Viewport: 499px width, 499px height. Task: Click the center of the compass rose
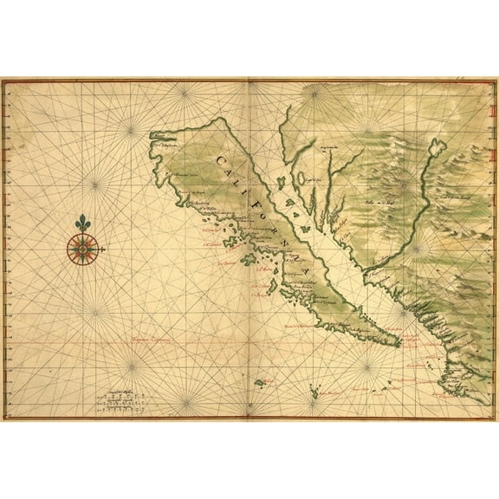82,250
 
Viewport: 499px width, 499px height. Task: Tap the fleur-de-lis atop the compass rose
82,224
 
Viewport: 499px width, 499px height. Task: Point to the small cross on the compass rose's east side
102,250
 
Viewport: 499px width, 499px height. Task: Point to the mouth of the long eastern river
367,274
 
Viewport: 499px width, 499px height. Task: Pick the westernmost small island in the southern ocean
257,381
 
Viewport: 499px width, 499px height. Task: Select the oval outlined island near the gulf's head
306,216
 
